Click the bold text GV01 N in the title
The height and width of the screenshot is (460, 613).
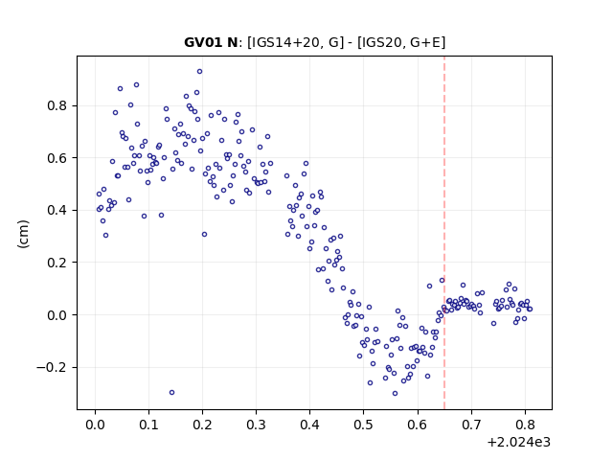(211, 42)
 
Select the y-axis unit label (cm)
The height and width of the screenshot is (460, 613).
(23, 234)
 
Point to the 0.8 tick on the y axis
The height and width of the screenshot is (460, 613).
(57, 105)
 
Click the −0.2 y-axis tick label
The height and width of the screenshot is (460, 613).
(52, 367)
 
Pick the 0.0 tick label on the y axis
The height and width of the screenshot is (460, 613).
(57, 315)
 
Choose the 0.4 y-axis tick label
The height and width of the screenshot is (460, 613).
(57, 210)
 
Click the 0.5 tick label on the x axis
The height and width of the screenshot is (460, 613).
(364, 425)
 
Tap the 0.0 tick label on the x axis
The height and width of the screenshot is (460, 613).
(95, 425)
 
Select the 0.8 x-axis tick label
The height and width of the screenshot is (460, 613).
(525, 425)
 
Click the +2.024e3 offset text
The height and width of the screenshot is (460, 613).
(519, 442)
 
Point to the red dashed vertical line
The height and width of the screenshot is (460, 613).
(444, 233)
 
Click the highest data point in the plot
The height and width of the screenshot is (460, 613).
(199, 72)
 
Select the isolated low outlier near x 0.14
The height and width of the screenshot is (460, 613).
(171, 392)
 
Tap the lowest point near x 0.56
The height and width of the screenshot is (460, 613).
(395, 394)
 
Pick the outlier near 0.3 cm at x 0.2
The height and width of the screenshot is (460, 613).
(204, 234)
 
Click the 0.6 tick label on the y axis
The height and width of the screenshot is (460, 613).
(57, 157)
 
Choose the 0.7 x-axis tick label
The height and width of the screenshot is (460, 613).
(471, 425)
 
